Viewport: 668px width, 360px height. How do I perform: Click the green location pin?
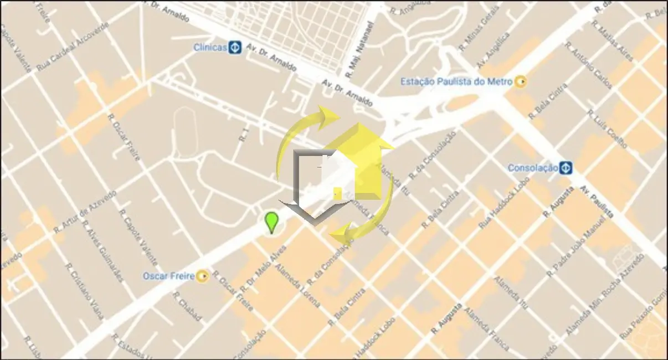pyautogui.click(x=271, y=222)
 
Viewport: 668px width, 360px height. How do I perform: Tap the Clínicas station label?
pyautogui.click(x=210, y=48)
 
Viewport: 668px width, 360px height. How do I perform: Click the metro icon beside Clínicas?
pyautogui.click(x=235, y=48)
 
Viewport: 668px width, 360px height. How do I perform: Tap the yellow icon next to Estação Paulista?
pyautogui.click(x=520, y=82)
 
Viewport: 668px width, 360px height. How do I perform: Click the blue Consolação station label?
pyautogui.click(x=532, y=167)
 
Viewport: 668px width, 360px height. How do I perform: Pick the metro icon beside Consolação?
pyautogui.click(x=565, y=167)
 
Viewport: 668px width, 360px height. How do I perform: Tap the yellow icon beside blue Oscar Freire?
pyautogui.click(x=203, y=275)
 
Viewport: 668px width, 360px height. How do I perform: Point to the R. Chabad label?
pyautogui.click(x=187, y=307)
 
